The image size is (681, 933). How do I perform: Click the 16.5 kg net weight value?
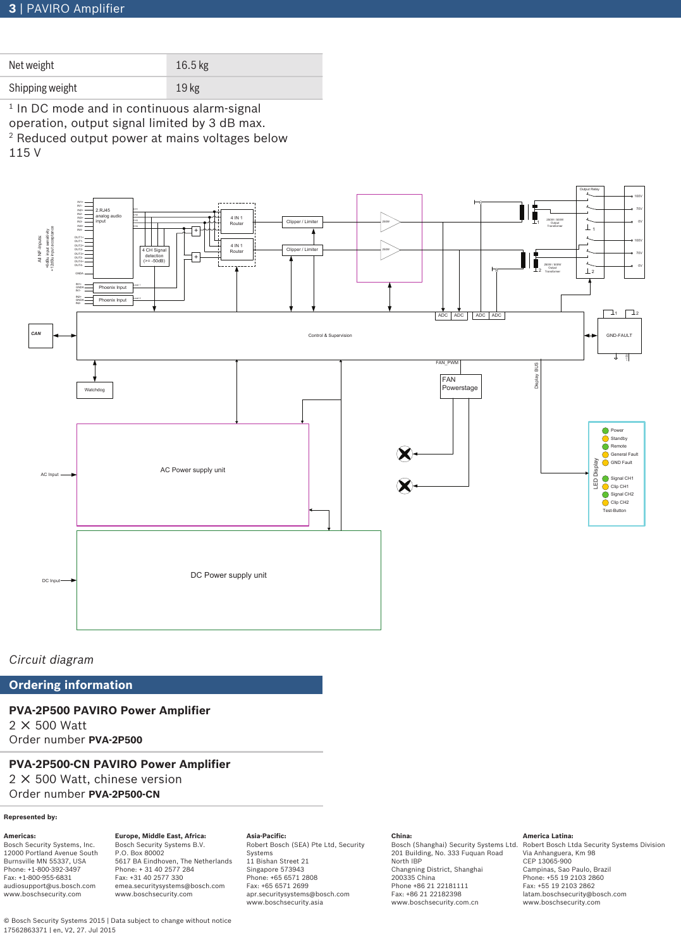(x=192, y=65)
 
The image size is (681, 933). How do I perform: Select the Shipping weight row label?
(x=43, y=88)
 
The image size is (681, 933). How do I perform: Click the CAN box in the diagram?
(x=40, y=336)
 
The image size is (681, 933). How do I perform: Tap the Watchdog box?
(x=95, y=390)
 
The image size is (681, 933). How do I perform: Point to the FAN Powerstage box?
(x=460, y=386)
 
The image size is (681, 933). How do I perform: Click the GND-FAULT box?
(x=619, y=336)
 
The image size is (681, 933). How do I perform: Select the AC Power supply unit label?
(x=193, y=470)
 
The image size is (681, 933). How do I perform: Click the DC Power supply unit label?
(x=229, y=575)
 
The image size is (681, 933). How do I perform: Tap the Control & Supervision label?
(x=330, y=336)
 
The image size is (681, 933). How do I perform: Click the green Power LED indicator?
(x=605, y=430)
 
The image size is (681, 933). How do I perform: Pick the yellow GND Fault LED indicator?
(x=605, y=463)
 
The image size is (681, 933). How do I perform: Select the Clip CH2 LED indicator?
(x=605, y=503)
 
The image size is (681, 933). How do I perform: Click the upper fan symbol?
(x=405, y=454)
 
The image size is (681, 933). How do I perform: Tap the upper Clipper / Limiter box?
(x=302, y=222)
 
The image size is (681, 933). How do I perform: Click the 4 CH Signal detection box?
(x=154, y=255)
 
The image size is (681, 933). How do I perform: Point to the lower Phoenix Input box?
(x=113, y=300)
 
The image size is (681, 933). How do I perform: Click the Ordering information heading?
(x=71, y=685)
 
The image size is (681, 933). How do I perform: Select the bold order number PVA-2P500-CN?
(x=124, y=795)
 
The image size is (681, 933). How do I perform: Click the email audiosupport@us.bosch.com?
(x=49, y=886)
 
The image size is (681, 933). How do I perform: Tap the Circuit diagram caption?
(x=51, y=660)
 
